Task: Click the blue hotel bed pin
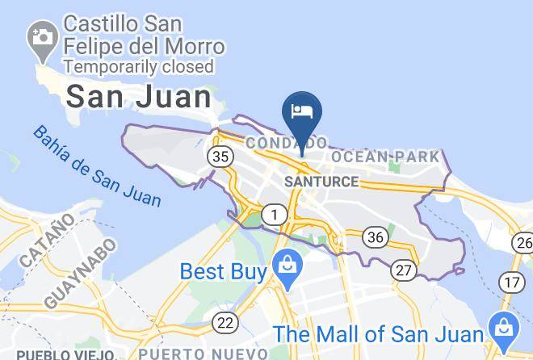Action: pos(302,112)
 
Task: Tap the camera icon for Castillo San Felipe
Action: pos(40,37)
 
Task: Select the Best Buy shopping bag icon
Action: pos(285,263)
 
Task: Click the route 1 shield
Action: pos(275,215)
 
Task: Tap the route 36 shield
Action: pos(375,237)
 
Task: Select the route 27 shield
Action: pos(403,270)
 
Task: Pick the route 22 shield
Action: pos(227,322)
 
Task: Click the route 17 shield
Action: pos(510,282)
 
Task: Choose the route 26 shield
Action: pos(523,242)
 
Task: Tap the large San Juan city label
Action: pos(138,97)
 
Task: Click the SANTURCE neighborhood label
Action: pos(321,182)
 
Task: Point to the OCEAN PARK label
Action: pos(385,156)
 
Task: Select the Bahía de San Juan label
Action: pos(96,165)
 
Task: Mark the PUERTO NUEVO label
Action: pos(203,354)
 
